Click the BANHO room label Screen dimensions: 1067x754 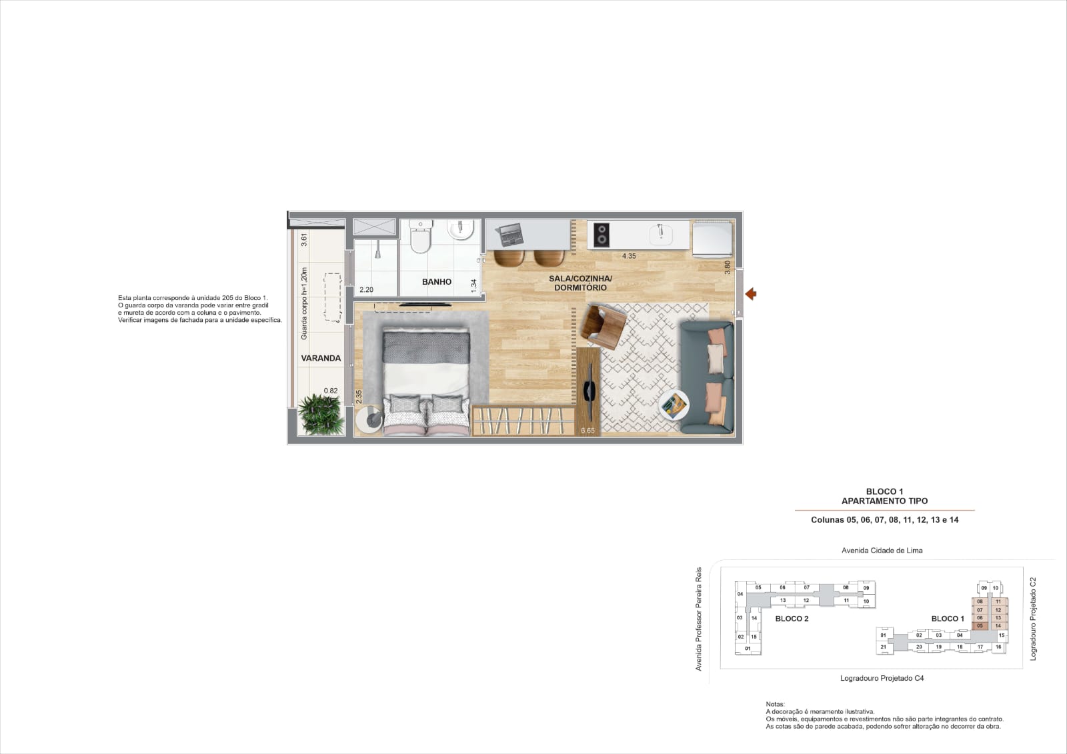coord(436,281)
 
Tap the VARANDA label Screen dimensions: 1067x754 coord(321,358)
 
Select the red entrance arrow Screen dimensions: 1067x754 coord(751,294)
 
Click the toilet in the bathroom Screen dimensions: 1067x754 coord(420,236)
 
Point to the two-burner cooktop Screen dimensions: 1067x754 coord(602,235)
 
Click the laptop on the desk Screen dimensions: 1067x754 coord(510,235)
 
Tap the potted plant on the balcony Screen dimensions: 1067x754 coord(321,414)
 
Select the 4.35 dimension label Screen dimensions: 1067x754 coord(629,256)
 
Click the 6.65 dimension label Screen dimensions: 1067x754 coord(588,430)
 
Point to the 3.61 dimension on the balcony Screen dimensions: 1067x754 coord(304,239)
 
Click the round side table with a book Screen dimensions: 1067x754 coord(674,405)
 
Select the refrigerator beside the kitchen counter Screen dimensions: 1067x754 coord(712,239)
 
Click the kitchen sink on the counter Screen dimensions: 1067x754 coord(661,234)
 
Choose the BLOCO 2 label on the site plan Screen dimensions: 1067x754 coord(792,619)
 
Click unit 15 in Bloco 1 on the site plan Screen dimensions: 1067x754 coord(1001,635)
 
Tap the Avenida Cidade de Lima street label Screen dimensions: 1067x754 coord(882,550)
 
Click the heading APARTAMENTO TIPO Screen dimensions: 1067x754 coord(884,501)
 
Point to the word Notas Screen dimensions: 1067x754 coord(775,703)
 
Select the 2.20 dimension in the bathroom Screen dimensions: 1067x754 coord(366,289)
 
